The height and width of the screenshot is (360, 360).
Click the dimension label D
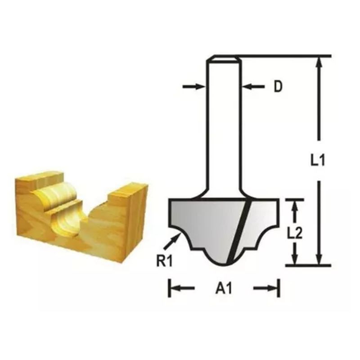[278, 87]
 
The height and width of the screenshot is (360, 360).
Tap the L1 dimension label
[318, 160]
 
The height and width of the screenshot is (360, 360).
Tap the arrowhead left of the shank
[194, 87]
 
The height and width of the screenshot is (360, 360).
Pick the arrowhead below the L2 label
[295, 259]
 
